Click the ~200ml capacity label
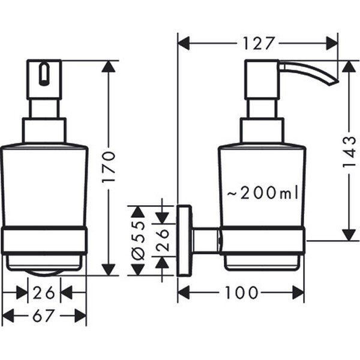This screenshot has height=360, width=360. pyautogui.click(x=262, y=193)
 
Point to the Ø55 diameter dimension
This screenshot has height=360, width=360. pyautogui.click(x=137, y=241)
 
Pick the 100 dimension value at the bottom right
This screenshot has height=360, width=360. pyautogui.click(x=242, y=293)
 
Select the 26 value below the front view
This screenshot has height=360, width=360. pyautogui.click(x=44, y=293)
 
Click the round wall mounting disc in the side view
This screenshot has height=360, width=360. pyautogui.click(x=185, y=241)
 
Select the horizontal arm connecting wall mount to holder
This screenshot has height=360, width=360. pyautogui.click(x=206, y=241)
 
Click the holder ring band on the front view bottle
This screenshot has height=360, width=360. pyautogui.click(x=44, y=240)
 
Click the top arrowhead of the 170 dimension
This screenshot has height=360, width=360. pyautogui.click(x=109, y=65)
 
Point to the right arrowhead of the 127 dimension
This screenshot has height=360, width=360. pyautogui.click(x=332, y=44)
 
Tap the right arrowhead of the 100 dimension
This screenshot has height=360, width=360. pyautogui.click(x=298, y=293)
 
